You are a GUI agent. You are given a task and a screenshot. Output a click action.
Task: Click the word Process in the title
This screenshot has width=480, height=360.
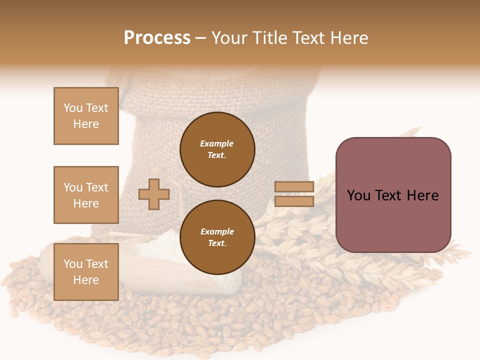(x=157, y=38)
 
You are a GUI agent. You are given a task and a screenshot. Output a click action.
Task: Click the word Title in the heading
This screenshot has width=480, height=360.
(x=267, y=38)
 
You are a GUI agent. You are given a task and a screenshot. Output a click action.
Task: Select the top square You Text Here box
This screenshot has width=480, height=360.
(x=86, y=116)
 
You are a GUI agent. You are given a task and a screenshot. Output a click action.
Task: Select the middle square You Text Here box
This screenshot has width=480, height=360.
(x=86, y=195)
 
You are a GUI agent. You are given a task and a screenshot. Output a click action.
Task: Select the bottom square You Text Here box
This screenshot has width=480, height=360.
(x=86, y=272)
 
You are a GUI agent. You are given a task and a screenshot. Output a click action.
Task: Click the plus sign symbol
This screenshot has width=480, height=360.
(x=154, y=194)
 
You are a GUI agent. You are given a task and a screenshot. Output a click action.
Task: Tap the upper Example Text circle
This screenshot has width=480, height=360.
(x=217, y=149)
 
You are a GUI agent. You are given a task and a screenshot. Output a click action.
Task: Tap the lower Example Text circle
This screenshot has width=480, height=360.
(x=217, y=237)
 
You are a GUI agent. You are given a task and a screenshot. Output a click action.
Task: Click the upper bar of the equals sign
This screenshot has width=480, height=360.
(x=294, y=187)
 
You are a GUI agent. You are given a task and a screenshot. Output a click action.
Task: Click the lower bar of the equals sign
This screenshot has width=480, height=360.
(x=294, y=201)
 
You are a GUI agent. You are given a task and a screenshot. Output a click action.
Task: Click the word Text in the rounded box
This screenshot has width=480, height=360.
(x=388, y=195)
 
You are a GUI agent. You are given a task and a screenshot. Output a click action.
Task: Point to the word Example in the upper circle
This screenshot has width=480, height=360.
(x=217, y=143)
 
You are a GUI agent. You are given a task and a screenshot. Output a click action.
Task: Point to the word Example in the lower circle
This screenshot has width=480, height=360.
(x=217, y=231)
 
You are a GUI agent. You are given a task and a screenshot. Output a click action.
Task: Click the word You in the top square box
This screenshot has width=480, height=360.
(x=72, y=108)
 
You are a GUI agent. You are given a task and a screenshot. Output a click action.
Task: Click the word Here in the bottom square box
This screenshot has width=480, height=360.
(x=86, y=280)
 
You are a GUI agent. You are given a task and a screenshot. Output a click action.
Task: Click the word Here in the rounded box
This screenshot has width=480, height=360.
(x=422, y=195)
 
